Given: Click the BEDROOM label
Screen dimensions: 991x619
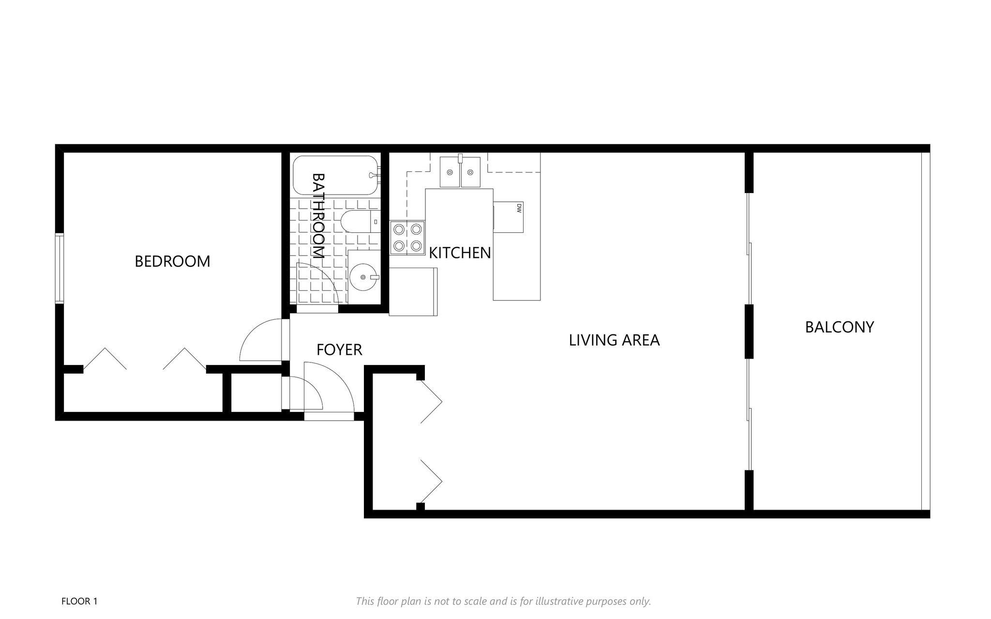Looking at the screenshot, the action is [x=172, y=261].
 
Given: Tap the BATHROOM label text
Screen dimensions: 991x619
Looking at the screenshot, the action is [x=317, y=216].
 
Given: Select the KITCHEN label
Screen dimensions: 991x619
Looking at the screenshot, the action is [x=460, y=253].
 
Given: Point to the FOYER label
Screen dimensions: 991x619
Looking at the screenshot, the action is [x=339, y=349].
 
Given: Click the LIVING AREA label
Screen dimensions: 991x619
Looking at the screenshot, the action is [x=614, y=340].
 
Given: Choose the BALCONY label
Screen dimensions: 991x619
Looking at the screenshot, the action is [x=840, y=327].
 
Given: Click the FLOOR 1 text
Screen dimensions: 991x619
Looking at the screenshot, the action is [x=79, y=602].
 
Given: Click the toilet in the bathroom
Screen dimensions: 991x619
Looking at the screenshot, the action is [x=360, y=222].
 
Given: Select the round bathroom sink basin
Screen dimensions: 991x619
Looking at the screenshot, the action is [x=363, y=277].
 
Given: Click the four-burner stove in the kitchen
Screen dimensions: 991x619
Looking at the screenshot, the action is [x=407, y=237].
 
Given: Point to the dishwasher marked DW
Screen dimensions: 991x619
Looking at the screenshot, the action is [x=509, y=217].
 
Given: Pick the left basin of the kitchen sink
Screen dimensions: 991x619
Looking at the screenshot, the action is [x=450, y=172].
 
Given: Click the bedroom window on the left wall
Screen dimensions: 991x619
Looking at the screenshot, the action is [x=60, y=268].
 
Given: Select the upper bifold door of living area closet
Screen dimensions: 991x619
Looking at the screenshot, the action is [x=431, y=402].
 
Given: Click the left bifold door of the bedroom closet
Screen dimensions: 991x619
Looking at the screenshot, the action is [x=105, y=359].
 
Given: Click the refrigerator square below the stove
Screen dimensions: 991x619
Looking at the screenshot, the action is [x=413, y=291].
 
